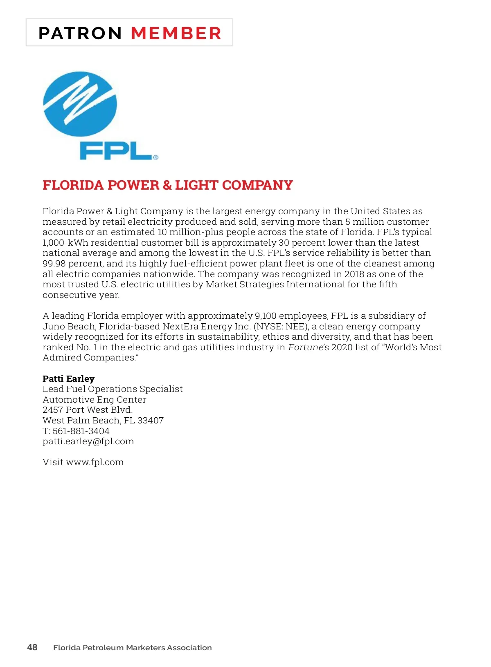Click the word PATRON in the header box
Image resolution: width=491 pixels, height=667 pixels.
[80, 33]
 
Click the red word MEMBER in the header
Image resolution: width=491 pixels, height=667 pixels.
[176, 33]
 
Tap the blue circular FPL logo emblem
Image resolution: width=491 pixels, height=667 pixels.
[80, 104]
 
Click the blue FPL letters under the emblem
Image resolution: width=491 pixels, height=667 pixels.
[117, 151]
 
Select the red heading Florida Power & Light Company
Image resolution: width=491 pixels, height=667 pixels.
[168, 185]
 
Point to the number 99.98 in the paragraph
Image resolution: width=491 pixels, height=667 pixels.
[54, 264]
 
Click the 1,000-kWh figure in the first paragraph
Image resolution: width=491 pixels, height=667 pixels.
[65, 243]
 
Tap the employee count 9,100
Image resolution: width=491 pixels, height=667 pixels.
[266, 316]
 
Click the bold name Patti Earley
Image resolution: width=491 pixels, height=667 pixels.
[68, 379]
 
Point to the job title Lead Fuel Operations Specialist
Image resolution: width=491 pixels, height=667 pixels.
[113, 389]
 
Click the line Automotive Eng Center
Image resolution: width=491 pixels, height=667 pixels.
[95, 400]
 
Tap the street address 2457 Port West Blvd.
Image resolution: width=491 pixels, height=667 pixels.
[88, 410]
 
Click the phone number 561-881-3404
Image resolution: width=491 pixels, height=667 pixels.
[81, 431]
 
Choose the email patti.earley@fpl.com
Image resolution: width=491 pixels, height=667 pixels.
[88, 441]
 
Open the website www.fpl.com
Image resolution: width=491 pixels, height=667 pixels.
[95, 462]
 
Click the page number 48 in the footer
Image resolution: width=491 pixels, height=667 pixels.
[32, 647]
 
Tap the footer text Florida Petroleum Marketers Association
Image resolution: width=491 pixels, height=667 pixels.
[133, 648]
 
